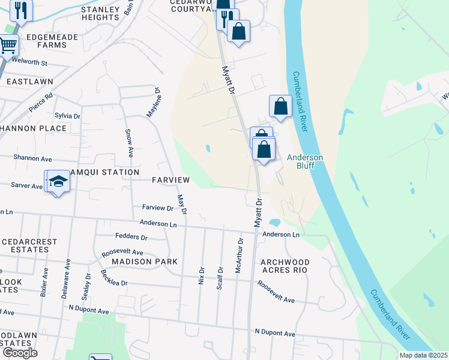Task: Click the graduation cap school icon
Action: coord(58,181)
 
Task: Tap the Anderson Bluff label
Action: coord(305,161)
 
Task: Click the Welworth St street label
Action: coord(25,62)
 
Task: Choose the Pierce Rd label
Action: coord(41,103)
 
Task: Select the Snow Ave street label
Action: coord(129,143)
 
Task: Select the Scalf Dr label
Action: coord(220,276)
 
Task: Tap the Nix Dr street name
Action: coord(202,276)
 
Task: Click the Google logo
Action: coord(20,353)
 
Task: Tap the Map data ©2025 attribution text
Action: coord(423,355)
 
